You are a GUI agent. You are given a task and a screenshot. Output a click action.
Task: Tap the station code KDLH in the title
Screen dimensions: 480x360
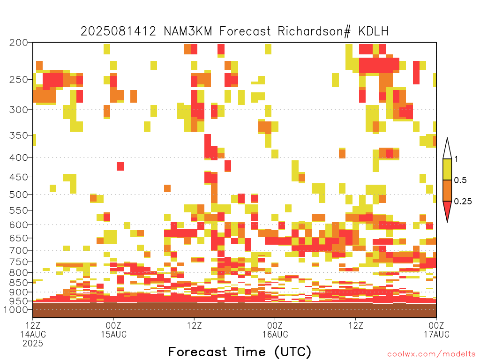pos(374,31)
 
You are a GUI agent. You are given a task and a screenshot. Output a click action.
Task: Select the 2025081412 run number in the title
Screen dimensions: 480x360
pos(118,31)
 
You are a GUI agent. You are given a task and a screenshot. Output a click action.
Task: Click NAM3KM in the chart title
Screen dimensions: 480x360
pos(188,31)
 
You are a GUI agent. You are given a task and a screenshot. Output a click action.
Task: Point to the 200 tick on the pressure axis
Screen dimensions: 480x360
pos(19,43)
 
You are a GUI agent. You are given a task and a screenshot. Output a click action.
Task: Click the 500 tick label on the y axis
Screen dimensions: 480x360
pos(19,195)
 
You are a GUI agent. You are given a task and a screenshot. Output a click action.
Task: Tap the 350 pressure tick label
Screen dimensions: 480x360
pos(19,135)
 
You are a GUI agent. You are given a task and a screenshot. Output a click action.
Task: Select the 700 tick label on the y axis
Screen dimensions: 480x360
pos(19,250)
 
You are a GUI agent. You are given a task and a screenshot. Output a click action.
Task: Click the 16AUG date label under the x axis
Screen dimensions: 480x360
pos(275,334)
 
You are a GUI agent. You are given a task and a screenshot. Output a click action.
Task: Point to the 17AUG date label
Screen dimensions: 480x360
pos(436,334)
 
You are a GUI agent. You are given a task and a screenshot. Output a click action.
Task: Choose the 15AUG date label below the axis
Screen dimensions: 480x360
pos(113,334)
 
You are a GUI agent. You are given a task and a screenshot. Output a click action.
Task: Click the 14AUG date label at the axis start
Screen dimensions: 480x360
pos(33,334)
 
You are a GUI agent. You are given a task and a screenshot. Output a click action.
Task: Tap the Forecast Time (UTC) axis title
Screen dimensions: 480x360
pos(240,352)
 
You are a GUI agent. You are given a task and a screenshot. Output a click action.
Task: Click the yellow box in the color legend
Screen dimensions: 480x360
pos(447,169)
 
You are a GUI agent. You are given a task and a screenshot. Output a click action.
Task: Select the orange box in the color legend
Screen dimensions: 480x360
pos(447,190)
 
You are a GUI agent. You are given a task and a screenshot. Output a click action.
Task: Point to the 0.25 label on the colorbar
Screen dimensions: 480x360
pos(463,202)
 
